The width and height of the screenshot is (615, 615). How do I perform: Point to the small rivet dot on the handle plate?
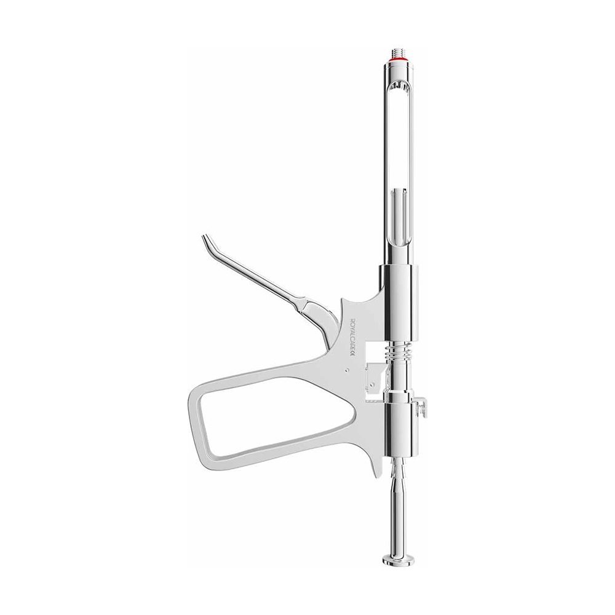[x=347, y=370]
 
